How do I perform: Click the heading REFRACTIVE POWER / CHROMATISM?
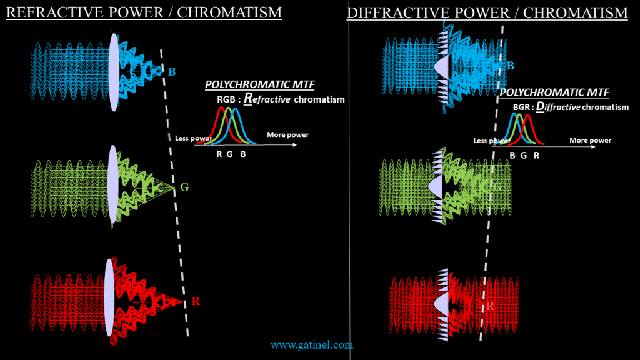[143, 12]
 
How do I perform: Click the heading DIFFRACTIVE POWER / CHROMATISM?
[487, 12]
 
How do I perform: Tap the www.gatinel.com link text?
[312, 344]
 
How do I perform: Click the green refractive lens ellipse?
[113, 185]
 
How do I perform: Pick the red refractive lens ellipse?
[110, 301]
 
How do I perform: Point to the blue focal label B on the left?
[172, 71]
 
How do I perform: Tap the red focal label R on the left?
[196, 301]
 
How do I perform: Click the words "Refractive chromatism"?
[294, 99]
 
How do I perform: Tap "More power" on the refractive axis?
[287, 134]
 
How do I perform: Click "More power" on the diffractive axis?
[590, 140]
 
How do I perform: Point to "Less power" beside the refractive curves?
[191, 138]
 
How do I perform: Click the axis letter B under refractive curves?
[243, 154]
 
